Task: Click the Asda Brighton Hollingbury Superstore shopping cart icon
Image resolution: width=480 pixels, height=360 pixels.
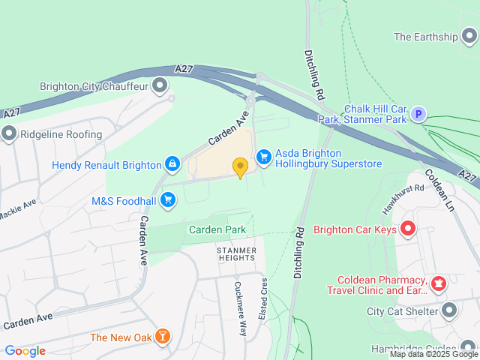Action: coord(263,156)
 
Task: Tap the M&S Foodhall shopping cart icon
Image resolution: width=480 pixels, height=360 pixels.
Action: coord(168,200)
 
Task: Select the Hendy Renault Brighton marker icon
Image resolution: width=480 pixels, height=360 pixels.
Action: coord(173,164)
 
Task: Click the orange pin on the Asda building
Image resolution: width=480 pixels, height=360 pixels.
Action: coord(240,166)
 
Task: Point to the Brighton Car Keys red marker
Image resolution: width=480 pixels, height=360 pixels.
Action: coord(408,229)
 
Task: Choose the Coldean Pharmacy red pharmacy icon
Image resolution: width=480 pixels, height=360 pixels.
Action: coord(438,284)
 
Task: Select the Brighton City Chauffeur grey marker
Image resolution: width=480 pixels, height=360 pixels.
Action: coord(159,85)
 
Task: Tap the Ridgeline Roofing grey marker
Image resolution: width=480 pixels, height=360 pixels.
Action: coord(9,134)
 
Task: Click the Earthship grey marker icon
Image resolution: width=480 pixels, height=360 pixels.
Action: coord(469,36)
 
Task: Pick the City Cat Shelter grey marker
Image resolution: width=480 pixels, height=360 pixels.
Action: coord(449,310)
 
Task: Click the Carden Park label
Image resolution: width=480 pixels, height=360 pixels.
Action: coord(217,229)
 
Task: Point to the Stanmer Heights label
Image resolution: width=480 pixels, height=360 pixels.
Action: coord(236,253)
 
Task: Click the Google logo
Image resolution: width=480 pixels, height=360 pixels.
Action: coord(25,350)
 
